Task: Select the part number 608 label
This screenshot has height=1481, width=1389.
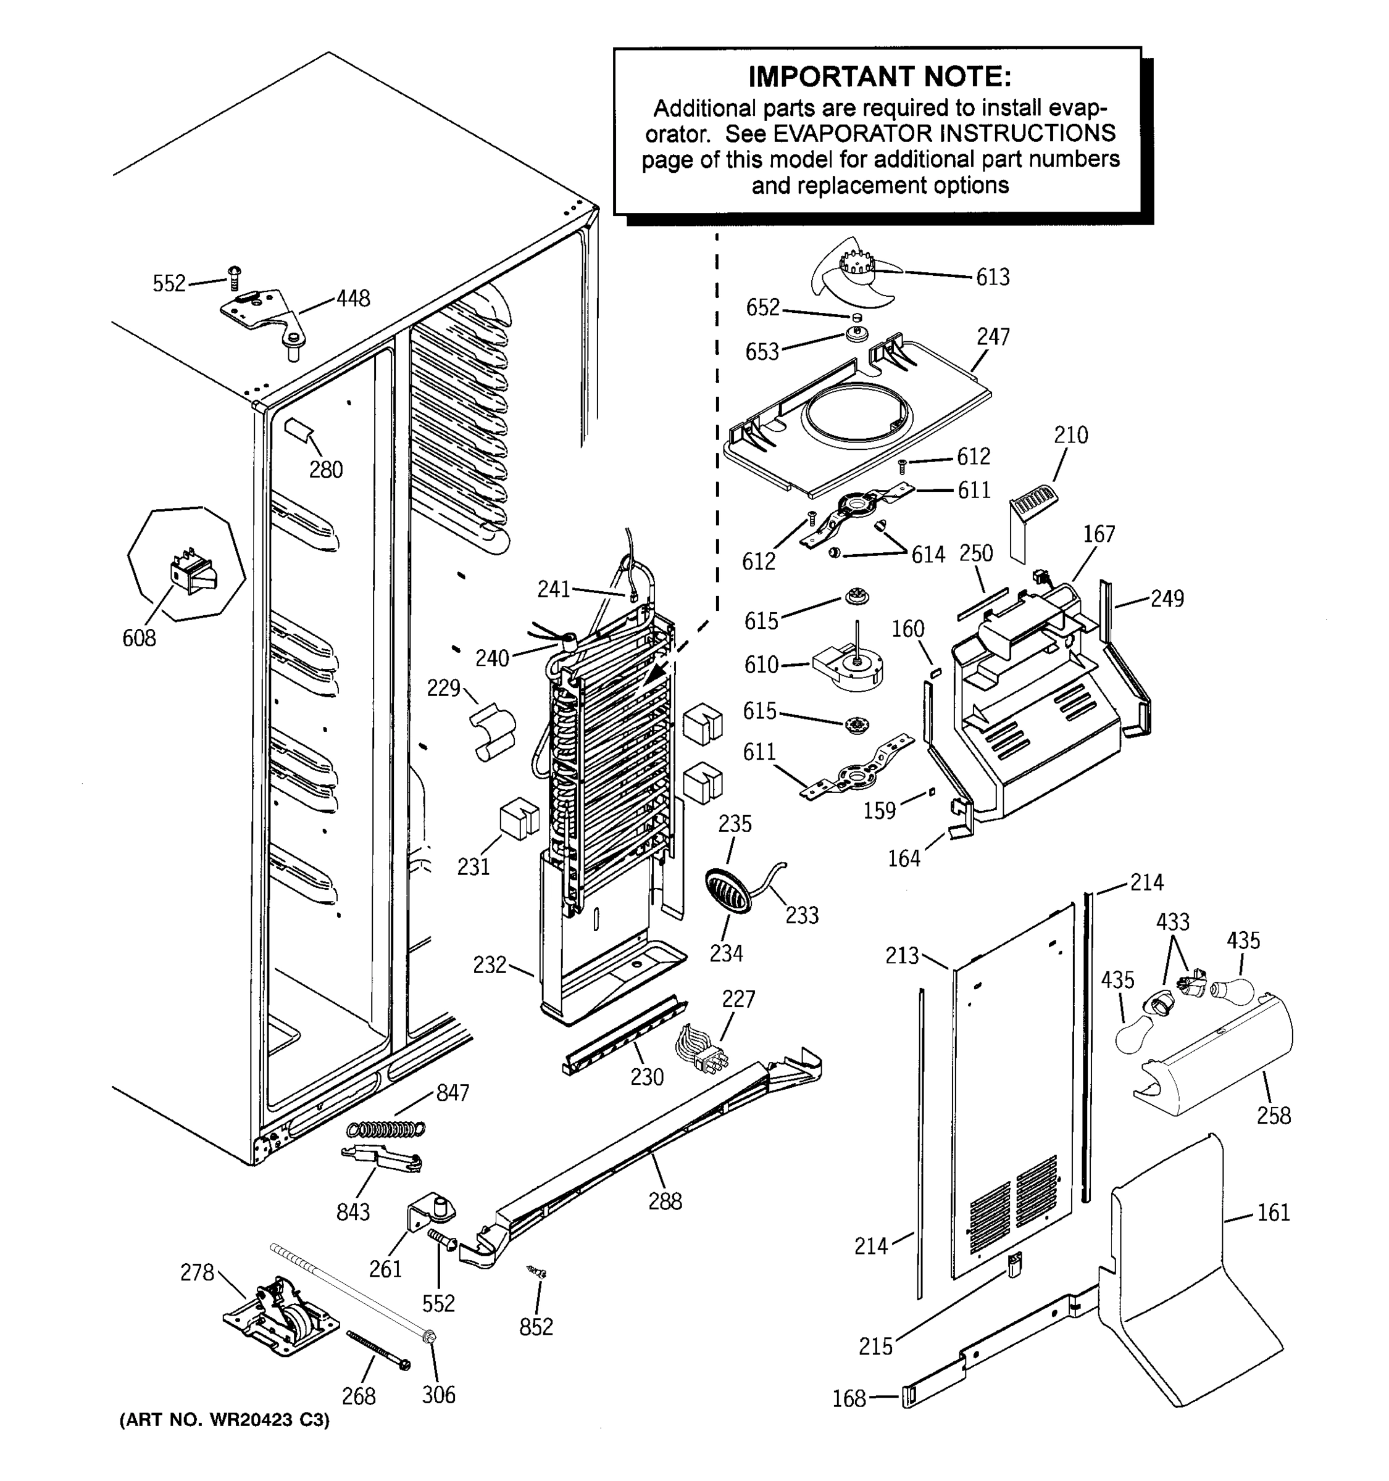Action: coord(140,639)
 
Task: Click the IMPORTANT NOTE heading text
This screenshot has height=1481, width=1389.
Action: coord(879,76)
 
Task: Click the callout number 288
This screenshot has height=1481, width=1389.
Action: coord(665,1201)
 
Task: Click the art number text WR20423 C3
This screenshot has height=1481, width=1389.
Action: coord(224,1420)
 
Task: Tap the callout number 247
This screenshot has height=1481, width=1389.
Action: coord(993,337)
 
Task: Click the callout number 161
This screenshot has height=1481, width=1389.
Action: coord(1273,1213)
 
